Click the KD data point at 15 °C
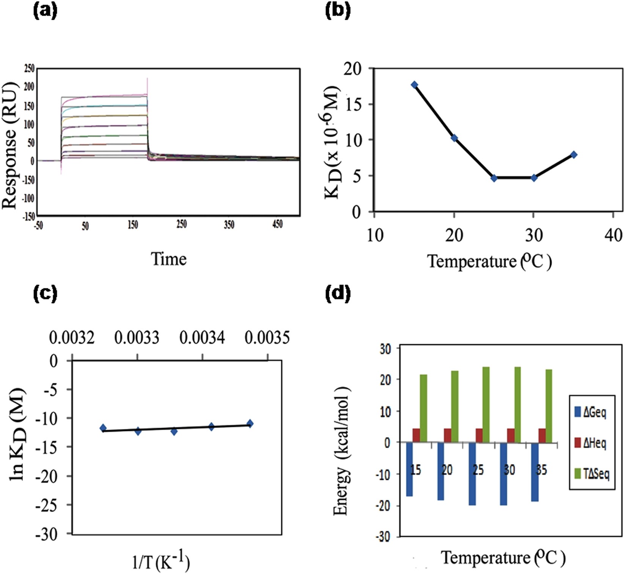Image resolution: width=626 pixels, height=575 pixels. [x=414, y=85]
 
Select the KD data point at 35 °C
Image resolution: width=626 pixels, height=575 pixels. [x=574, y=155]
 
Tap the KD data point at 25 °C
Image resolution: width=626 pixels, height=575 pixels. [x=494, y=178]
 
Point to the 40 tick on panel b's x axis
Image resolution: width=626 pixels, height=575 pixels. [x=613, y=235]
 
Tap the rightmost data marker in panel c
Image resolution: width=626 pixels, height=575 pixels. [x=250, y=423]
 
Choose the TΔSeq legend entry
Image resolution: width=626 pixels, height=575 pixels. [x=592, y=474]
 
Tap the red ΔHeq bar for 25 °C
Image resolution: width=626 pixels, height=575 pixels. [x=479, y=435]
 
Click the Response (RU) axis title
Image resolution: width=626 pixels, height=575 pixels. [x=10, y=145]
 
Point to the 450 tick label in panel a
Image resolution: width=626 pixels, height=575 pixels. [x=277, y=225]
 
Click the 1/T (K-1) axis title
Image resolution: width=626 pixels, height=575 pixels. [x=161, y=562]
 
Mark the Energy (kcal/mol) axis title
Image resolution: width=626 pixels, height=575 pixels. [x=341, y=451]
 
